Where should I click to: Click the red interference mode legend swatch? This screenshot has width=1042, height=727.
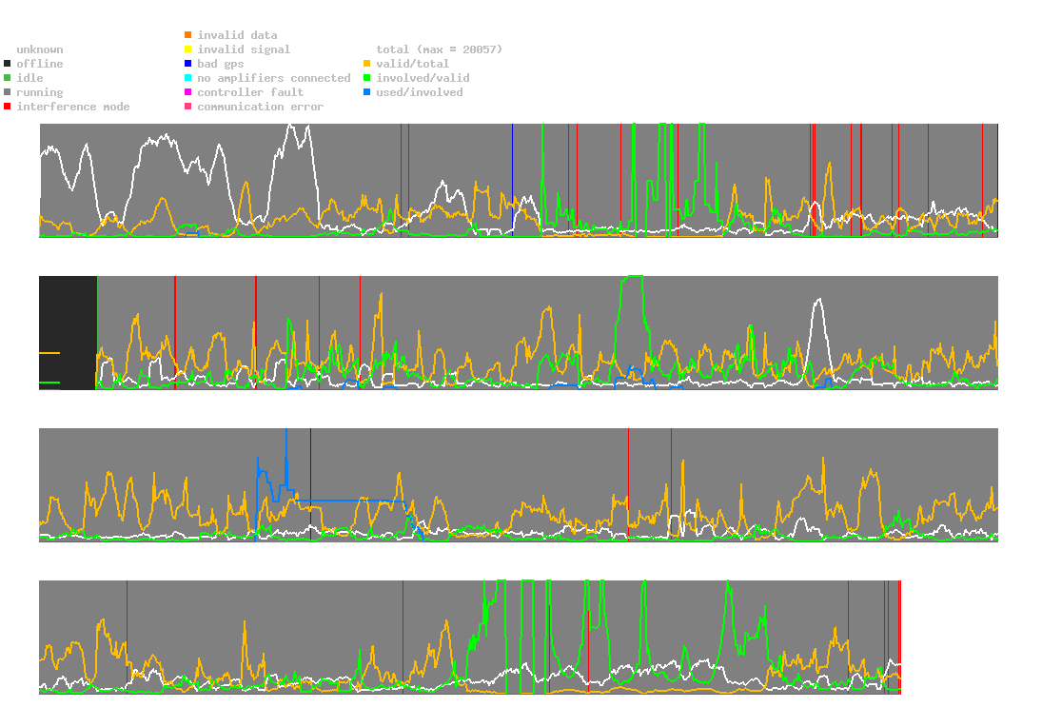point(7,107)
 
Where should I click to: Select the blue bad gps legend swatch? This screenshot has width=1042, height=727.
point(187,64)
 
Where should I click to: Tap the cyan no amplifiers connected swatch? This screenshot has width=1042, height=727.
point(187,78)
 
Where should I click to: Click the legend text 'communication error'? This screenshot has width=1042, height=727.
point(260,107)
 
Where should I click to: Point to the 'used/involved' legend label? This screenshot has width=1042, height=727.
point(420,92)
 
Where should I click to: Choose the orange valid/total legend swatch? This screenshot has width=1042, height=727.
point(366,64)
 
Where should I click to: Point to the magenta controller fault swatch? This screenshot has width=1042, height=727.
point(187,92)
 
